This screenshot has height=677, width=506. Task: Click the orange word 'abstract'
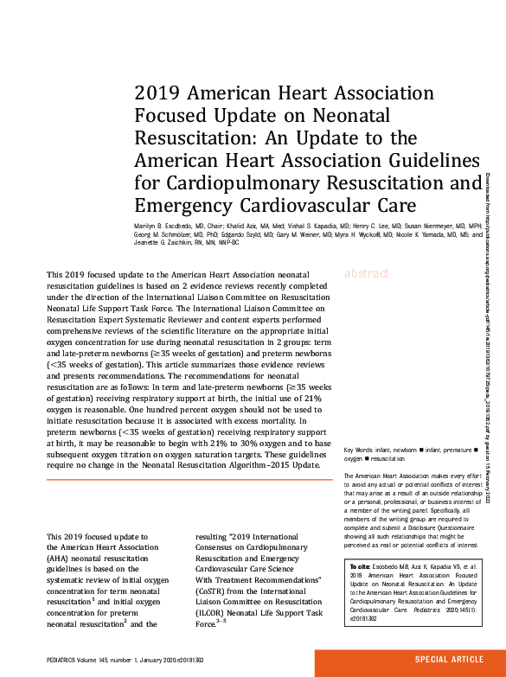368,250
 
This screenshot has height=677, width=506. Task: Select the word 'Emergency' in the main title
181,205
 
